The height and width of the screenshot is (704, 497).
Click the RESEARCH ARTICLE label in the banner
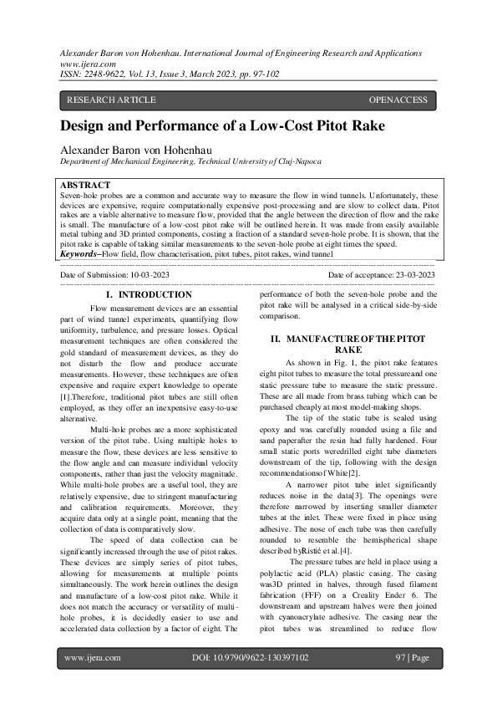[111, 100]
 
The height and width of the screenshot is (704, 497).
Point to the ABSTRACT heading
[85, 184]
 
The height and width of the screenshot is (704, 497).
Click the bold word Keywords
[79, 253]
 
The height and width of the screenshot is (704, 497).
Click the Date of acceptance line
[381, 275]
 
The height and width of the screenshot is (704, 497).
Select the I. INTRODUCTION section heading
[149, 295]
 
